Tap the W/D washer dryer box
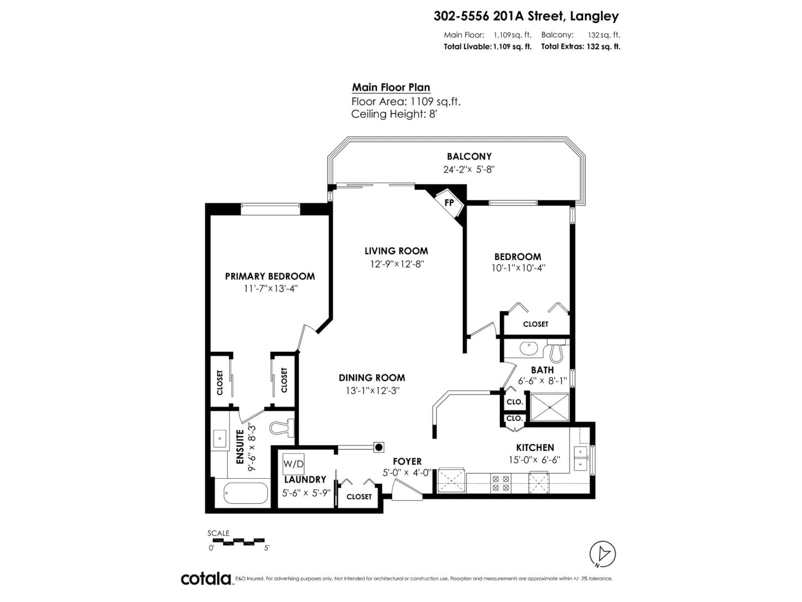click(x=293, y=464)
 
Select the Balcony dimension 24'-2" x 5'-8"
click(x=469, y=170)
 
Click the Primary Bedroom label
click(x=270, y=277)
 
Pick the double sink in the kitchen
click(x=580, y=458)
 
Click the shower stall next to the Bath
click(x=550, y=407)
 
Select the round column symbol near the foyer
click(x=379, y=447)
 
